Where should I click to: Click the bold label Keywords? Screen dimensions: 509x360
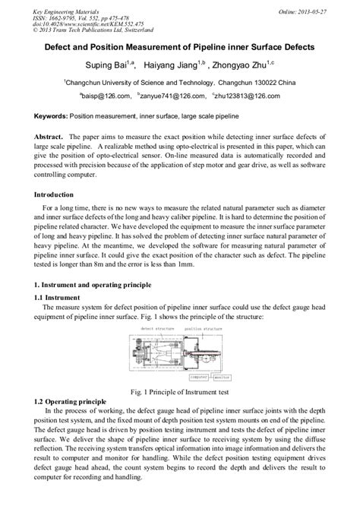tap(51, 119)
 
